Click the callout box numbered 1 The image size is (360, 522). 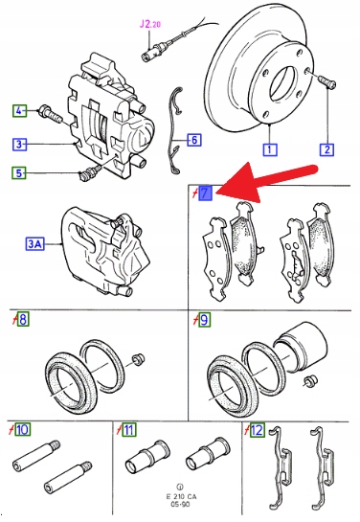pyautogui.click(x=270, y=149)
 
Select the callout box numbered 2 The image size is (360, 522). pyautogui.click(x=326, y=149)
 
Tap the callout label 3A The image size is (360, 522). pyautogui.click(x=35, y=244)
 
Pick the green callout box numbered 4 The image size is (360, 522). pyautogui.click(x=19, y=110)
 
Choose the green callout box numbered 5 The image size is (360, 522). pyautogui.click(x=19, y=172)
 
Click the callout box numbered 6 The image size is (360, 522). pyautogui.click(x=194, y=140)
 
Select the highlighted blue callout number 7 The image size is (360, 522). pyautogui.click(x=205, y=193)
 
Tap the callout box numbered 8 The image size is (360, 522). pyautogui.click(x=23, y=319)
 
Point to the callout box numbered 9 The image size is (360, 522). pyautogui.click(x=204, y=320)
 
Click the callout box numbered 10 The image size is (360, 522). pyautogui.click(x=23, y=429)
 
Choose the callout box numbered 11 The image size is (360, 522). pyautogui.click(x=128, y=429)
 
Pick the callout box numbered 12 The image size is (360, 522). pyautogui.click(x=257, y=430)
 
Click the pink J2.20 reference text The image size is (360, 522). pyautogui.click(x=149, y=24)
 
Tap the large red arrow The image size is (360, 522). pyautogui.click(x=266, y=181)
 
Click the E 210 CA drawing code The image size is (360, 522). pyautogui.click(x=181, y=496)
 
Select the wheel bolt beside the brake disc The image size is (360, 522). pyautogui.click(x=327, y=81)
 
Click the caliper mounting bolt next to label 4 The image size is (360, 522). pyautogui.click(x=51, y=114)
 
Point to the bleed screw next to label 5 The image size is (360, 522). pyautogui.click(x=90, y=172)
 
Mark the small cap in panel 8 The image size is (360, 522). pyautogui.click(x=138, y=358)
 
